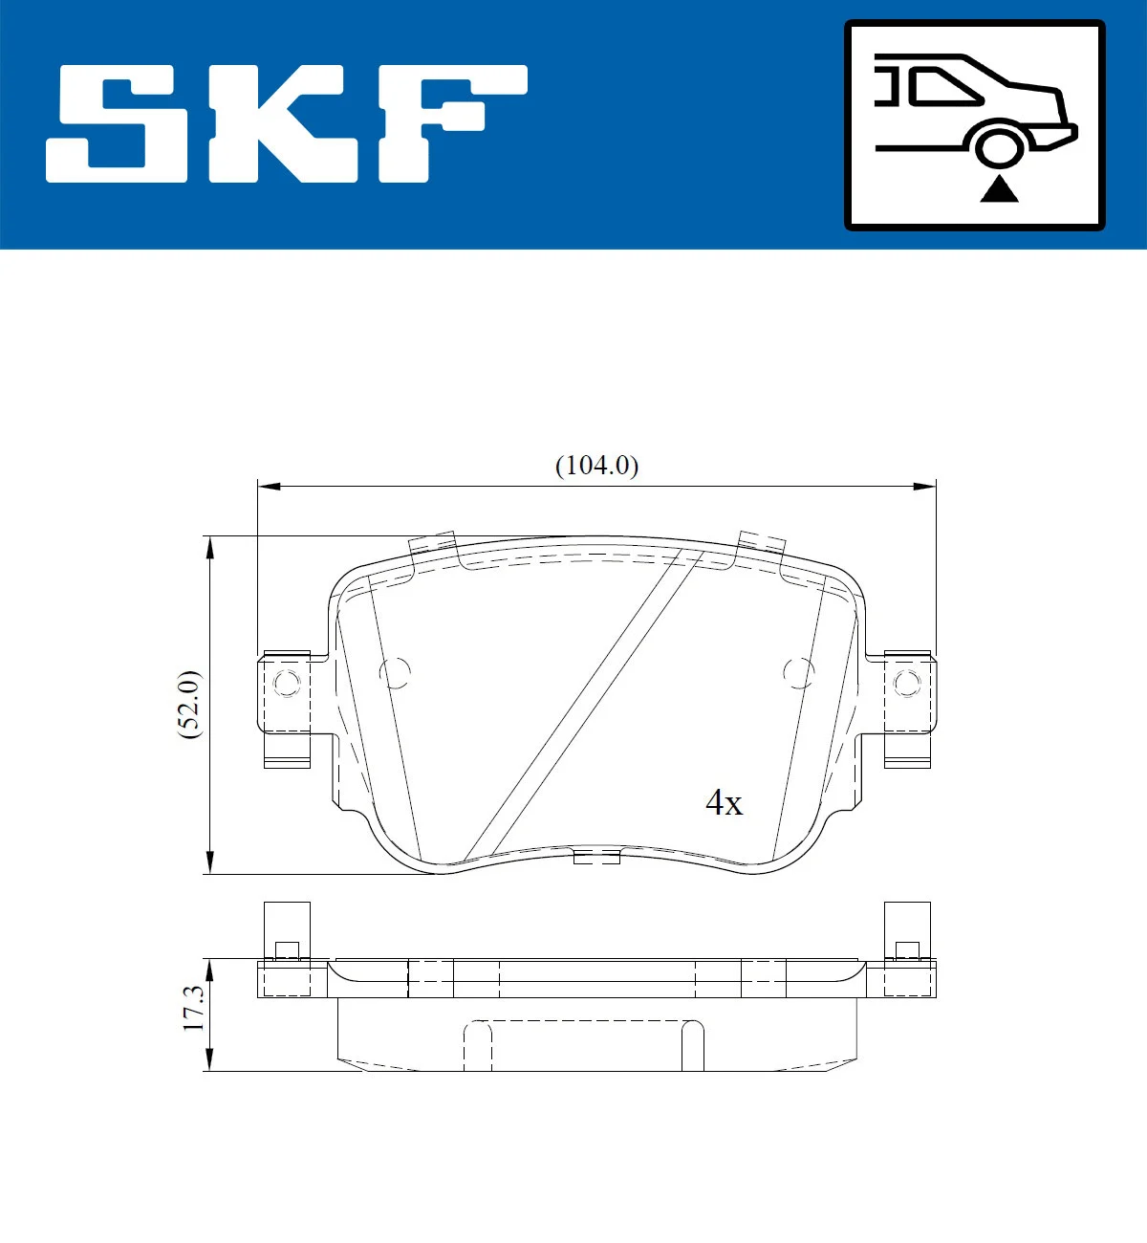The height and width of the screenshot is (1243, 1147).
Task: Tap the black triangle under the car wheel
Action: point(999,189)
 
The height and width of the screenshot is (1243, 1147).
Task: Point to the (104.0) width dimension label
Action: point(596,466)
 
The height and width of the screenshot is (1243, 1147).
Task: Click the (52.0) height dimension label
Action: point(190,704)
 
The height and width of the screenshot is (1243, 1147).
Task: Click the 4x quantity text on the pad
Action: point(724,803)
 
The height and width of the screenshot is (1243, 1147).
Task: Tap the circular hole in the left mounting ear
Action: point(286,683)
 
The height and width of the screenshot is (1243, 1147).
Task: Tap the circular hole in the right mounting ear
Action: point(906,683)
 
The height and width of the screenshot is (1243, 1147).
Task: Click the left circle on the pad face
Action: point(395,672)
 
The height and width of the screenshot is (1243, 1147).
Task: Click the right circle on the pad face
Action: point(798,672)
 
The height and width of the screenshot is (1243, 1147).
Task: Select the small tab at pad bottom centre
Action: point(596,857)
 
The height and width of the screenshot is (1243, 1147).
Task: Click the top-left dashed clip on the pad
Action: point(432,545)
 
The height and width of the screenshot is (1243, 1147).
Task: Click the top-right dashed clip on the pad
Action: point(761,543)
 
